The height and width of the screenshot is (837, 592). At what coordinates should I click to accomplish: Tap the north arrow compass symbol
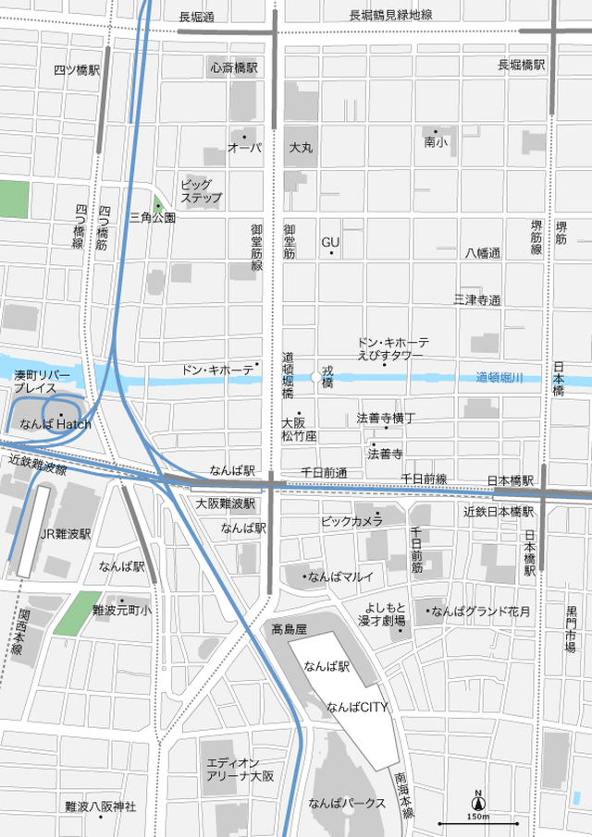click(x=478, y=802)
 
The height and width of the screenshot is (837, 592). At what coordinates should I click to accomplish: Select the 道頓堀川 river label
click(x=499, y=377)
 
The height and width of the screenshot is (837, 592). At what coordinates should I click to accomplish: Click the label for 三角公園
click(x=153, y=218)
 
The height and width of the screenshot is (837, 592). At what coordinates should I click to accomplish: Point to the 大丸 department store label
click(x=301, y=148)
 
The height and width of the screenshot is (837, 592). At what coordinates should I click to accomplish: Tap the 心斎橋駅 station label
click(x=233, y=67)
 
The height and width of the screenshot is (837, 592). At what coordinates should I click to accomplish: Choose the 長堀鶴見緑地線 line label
click(x=390, y=16)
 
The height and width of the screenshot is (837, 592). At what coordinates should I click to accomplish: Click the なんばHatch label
click(x=55, y=423)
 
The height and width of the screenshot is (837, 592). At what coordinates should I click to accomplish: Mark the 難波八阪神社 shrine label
click(x=100, y=807)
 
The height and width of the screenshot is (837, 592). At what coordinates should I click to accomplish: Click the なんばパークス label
click(x=347, y=803)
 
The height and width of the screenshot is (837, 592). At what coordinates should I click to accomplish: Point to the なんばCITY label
click(x=356, y=708)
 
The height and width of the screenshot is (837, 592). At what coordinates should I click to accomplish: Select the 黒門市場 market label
click(x=571, y=629)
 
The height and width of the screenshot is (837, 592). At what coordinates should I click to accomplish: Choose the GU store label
click(x=331, y=242)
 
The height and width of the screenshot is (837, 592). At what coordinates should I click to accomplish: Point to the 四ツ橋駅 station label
click(x=76, y=69)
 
